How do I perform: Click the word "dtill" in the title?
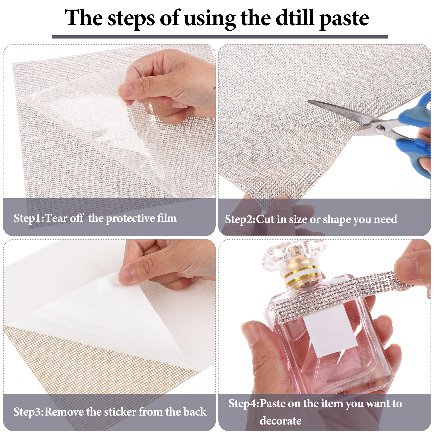click(x=295, y=18)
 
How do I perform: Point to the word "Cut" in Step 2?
click(x=265, y=219)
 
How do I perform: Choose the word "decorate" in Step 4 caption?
click(x=280, y=421)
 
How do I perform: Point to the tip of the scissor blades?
click(x=308, y=101)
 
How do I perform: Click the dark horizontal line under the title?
click(x=220, y=37)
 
